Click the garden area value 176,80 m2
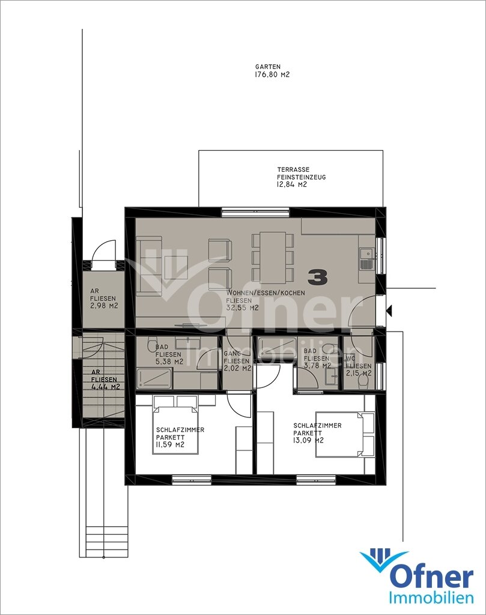[272, 74]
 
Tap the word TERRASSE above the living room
[293, 170]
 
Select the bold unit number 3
[318, 277]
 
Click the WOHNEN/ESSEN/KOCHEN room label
[266, 293]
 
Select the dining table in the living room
[274, 257]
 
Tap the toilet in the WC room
[365, 381]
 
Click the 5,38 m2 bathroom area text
[169, 362]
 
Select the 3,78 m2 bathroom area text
[318, 366]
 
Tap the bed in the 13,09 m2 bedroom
[345, 434]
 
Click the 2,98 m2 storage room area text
[105, 306]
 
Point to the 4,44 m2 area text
[105, 387]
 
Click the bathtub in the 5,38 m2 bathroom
[154, 378]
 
